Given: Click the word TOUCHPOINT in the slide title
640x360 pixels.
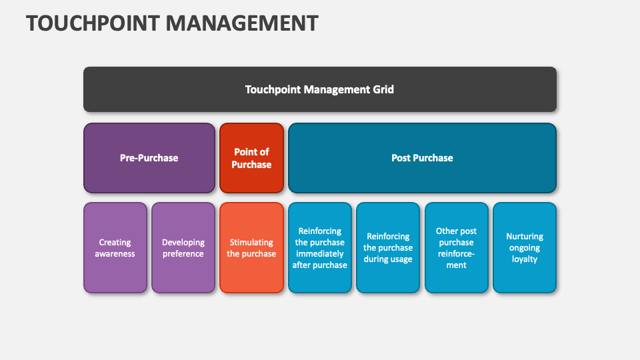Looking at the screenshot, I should (x=93, y=23).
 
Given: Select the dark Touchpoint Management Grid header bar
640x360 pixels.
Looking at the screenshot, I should (x=320, y=89).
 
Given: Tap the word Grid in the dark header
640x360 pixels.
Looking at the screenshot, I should (x=383, y=89).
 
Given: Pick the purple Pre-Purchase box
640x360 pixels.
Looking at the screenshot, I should (x=149, y=158).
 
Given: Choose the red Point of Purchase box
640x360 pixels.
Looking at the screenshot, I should (x=251, y=158).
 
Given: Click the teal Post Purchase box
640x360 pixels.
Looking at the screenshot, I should (x=422, y=158).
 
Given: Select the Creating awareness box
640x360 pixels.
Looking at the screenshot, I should (x=115, y=248).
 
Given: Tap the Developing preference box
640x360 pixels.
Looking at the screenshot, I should (x=183, y=248).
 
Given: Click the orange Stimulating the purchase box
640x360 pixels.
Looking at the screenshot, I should (x=251, y=248).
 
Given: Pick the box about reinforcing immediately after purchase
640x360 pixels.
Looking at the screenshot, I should (x=320, y=248).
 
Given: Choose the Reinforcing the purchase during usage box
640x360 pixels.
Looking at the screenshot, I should (x=388, y=248).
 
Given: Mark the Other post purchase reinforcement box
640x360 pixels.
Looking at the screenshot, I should (x=457, y=248).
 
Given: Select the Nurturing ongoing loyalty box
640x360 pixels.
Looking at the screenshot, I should (x=525, y=248).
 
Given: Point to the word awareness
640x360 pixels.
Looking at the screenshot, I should (x=115, y=254).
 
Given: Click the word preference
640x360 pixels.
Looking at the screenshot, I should (x=183, y=254).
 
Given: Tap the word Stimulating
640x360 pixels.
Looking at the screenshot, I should (x=251, y=243).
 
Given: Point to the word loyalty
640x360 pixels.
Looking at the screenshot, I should (x=525, y=259).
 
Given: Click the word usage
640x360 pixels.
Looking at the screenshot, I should (x=400, y=259).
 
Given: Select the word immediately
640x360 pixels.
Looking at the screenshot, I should (x=320, y=254).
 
